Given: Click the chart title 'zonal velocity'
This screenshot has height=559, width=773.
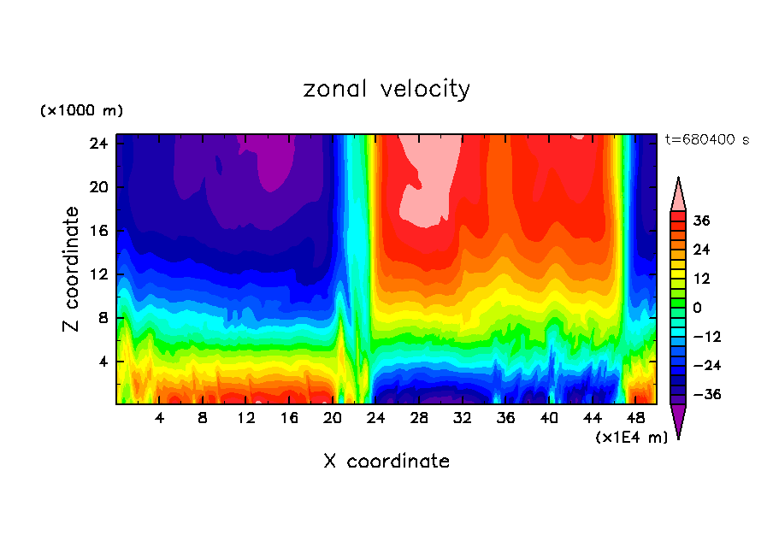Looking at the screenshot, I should pyautogui.click(x=386, y=89).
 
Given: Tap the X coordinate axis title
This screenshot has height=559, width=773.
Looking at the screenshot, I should pyautogui.click(x=386, y=462).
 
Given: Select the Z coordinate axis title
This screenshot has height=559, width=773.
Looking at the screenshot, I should pyautogui.click(x=73, y=269).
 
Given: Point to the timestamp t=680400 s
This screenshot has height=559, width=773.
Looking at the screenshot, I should pyautogui.click(x=707, y=139).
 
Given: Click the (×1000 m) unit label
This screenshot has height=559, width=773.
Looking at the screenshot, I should pyautogui.click(x=81, y=111).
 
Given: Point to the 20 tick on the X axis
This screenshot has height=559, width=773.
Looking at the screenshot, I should pyautogui.click(x=333, y=419).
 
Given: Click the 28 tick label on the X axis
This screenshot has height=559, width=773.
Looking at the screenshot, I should pyautogui.click(x=419, y=419).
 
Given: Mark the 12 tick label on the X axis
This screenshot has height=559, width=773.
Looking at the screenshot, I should pyautogui.click(x=246, y=419).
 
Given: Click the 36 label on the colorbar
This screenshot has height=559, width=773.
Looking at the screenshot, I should pyautogui.click(x=701, y=221).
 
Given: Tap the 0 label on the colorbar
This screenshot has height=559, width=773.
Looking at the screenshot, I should pyautogui.click(x=697, y=308).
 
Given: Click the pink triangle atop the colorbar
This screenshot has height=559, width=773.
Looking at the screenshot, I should pyautogui.click(x=678, y=195).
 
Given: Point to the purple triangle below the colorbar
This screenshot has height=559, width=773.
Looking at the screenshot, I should pyautogui.click(x=678, y=421).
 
